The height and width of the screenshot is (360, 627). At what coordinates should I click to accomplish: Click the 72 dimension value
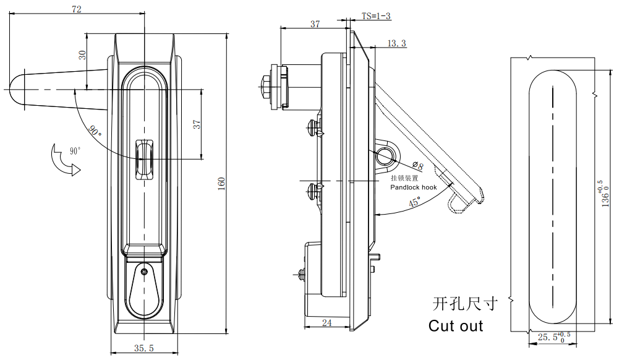[x=77, y=9]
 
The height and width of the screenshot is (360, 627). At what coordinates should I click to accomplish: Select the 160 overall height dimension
[x=221, y=184]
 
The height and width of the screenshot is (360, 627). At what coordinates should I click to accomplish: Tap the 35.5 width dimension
[x=144, y=348]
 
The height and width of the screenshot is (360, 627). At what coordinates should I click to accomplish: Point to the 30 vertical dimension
[x=82, y=55]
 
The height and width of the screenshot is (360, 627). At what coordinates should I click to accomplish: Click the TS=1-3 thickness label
[x=376, y=16]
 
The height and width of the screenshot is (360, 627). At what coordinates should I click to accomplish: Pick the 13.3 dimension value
[x=397, y=43]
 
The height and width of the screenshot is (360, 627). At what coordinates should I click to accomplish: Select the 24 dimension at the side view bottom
[x=326, y=322]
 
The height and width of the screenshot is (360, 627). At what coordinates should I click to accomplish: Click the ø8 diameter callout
[x=417, y=165]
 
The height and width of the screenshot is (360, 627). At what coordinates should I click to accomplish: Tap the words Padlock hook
[x=414, y=187]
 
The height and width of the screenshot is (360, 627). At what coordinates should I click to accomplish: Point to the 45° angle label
[x=415, y=202]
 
